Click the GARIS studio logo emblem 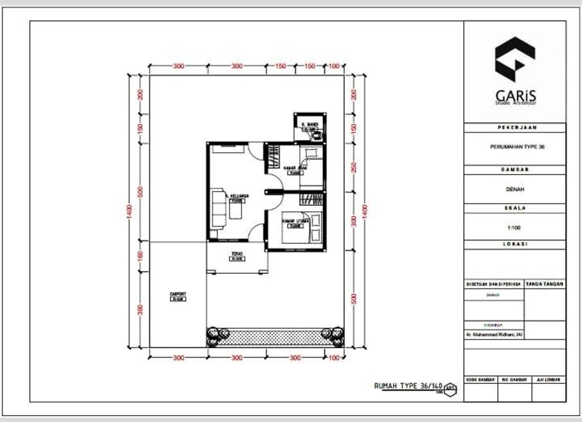(x=514, y=59)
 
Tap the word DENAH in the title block (x=514, y=189)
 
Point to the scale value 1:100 (x=514, y=227)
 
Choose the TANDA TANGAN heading (x=545, y=283)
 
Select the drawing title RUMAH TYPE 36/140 (x=408, y=386)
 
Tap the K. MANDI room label (x=310, y=124)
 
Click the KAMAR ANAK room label (x=295, y=168)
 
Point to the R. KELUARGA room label (x=237, y=196)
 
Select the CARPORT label (x=178, y=294)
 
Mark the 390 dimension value (x=140, y=309)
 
